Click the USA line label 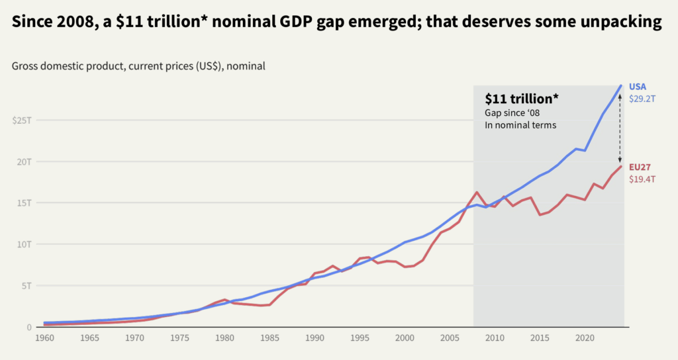(638, 87)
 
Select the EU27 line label (640, 167)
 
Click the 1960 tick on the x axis (44, 338)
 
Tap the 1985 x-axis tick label (269, 338)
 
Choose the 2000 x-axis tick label (405, 338)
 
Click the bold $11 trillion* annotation (522, 99)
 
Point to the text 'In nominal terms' (520, 125)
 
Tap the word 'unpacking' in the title (622, 23)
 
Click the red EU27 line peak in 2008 (477, 192)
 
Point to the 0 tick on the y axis (28, 327)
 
